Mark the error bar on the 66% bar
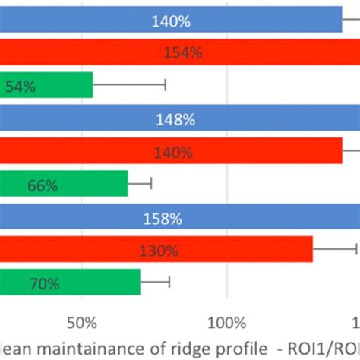coord(141,183)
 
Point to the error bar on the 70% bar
coord(156,283)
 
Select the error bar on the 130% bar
coord(335,248)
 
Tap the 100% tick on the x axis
coord(227,322)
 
